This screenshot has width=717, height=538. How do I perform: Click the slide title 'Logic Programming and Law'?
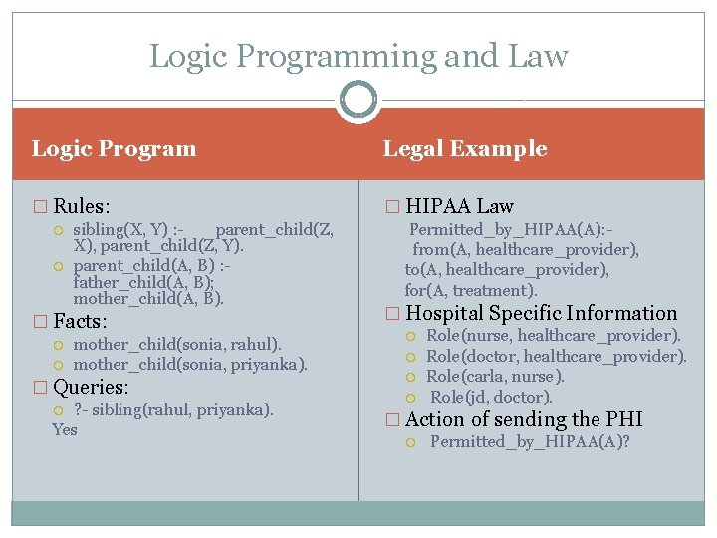pos(358,56)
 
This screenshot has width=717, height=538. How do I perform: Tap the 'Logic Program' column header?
pos(115,149)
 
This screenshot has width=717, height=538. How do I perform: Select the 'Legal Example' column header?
pos(465,149)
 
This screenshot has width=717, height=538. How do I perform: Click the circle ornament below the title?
pos(358,100)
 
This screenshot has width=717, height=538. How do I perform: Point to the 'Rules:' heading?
pos(82,206)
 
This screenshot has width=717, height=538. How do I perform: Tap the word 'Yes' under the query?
pos(65,429)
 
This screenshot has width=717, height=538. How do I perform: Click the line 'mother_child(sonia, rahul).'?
pos(177,344)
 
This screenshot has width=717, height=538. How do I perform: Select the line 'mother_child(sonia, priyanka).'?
pos(190,365)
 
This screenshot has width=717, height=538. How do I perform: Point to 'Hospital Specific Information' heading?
pos(541,313)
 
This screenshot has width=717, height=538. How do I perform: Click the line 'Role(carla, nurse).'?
pos(495,376)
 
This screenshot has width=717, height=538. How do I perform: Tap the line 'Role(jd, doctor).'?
pos(491,397)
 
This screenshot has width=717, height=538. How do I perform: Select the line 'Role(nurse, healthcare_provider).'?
pos(554,336)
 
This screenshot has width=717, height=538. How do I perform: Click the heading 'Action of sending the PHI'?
pos(524,419)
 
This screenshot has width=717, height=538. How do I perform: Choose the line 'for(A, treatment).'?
pos(470,291)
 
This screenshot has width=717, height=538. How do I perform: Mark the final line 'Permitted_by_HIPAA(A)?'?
pos(530,442)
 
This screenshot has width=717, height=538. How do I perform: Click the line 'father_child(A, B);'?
pos(143,282)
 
